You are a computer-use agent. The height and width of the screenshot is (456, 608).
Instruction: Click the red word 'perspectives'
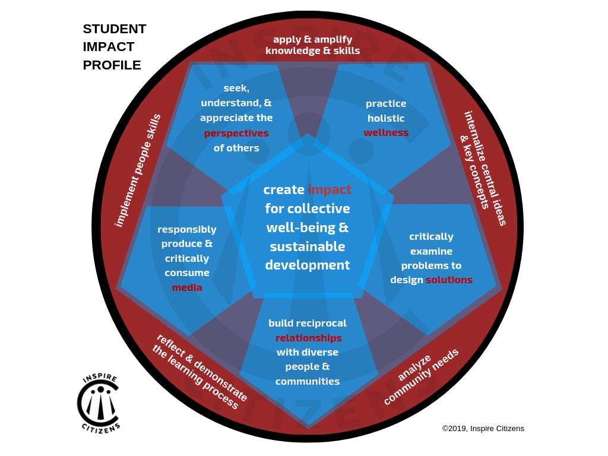coord(236,133)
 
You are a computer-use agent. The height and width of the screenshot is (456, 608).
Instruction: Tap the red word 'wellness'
coord(386,132)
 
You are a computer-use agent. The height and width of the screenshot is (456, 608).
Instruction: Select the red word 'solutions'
coord(449,280)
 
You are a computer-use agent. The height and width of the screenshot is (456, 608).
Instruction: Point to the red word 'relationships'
coord(308,338)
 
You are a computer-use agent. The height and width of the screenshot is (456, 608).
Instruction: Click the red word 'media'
coord(187,287)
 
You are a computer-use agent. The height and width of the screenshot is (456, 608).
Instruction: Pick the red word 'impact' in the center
coord(330,189)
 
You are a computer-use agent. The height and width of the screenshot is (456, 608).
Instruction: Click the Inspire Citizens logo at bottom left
coord(99,403)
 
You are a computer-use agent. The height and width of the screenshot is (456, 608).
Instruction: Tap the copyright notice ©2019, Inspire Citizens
coord(483,428)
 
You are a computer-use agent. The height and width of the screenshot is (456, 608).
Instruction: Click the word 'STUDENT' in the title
coord(115,29)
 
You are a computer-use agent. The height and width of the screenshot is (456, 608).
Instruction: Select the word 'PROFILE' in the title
coord(112,65)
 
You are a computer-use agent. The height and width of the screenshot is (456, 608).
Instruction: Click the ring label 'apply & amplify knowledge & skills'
coord(312,45)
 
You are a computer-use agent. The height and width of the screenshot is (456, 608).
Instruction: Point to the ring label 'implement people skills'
coord(137,170)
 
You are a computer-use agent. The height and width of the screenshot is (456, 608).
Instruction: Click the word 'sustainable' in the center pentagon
coord(307,246)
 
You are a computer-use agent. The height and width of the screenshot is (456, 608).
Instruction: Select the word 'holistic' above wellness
coord(386,118)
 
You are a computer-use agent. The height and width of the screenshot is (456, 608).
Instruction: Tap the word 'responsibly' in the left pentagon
coord(187,229)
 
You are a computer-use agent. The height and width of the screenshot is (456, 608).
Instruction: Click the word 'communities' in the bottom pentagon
coord(308,381)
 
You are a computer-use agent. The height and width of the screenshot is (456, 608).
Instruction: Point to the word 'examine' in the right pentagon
coord(431,251)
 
